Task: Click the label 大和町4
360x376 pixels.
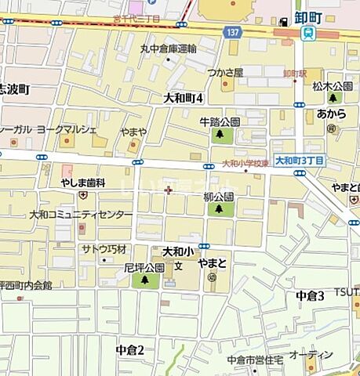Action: click(183, 98)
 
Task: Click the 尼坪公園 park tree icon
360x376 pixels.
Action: click(144, 280)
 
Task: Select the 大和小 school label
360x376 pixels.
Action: click(177, 252)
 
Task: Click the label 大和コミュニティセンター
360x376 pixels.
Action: click(82, 213)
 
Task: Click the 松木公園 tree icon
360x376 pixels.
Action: click(333, 98)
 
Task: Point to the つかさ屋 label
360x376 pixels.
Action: click(225, 72)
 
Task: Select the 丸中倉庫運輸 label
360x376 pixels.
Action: click(168, 48)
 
